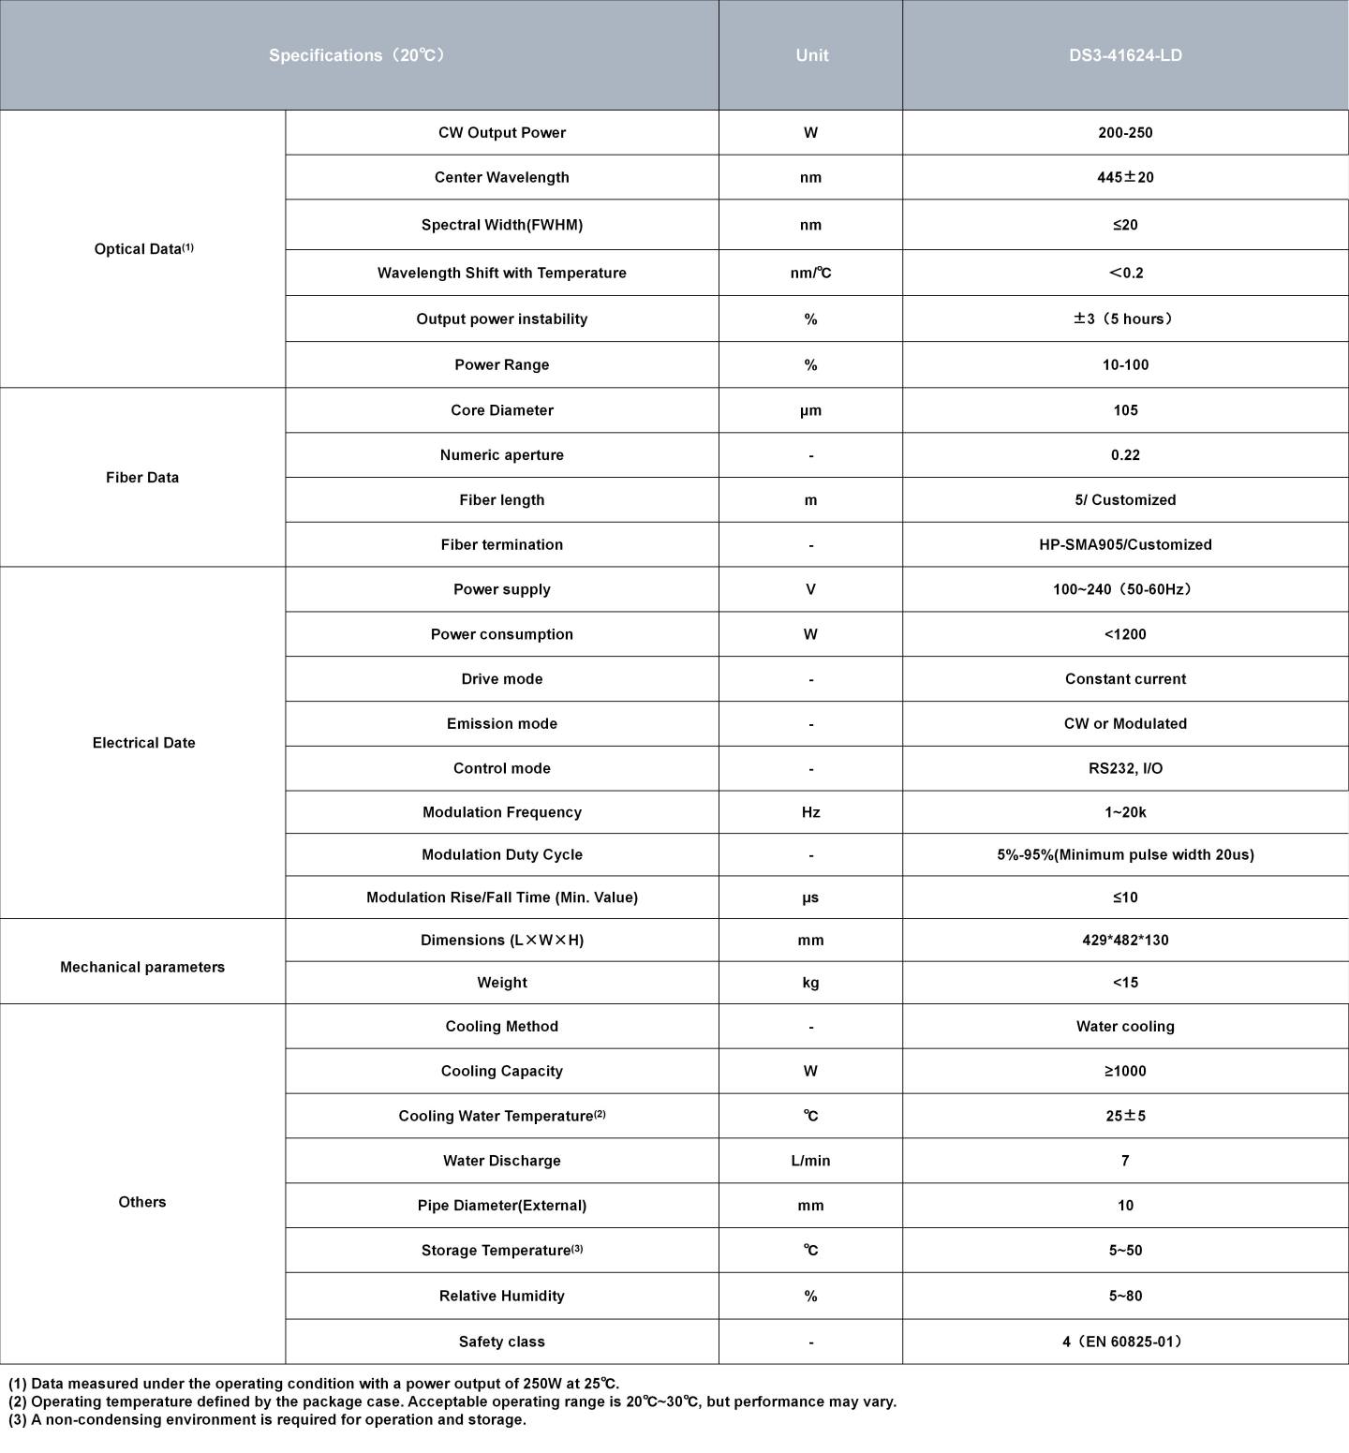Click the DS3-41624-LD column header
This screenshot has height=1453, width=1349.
tap(1125, 55)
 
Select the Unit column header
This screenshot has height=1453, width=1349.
tap(811, 55)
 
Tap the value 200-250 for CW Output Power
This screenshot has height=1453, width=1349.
tap(1125, 133)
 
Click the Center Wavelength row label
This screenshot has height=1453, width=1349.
tap(501, 177)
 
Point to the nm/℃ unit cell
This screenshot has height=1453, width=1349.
tap(810, 273)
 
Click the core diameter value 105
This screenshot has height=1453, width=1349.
tap(1125, 410)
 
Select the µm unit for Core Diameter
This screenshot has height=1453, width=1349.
tap(810, 410)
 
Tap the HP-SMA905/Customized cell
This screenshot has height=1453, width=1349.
tap(1125, 544)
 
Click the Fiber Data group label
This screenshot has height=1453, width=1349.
tap(142, 478)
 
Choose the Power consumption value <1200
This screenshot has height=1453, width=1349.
tap(1125, 634)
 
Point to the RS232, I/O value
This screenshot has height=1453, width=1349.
tap(1125, 768)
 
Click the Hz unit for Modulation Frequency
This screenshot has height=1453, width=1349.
tap(810, 812)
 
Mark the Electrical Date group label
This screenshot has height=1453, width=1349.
tap(143, 743)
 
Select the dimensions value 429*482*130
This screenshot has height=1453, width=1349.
tap(1125, 940)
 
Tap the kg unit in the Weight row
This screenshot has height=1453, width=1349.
tap(810, 983)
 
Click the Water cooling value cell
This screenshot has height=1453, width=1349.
tap(1125, 1027)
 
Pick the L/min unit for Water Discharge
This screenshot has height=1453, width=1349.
tap(810, 1161)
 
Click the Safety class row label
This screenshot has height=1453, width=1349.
tap(501, 1342)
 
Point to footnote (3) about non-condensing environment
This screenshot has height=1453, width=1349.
tap(268, 1419)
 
